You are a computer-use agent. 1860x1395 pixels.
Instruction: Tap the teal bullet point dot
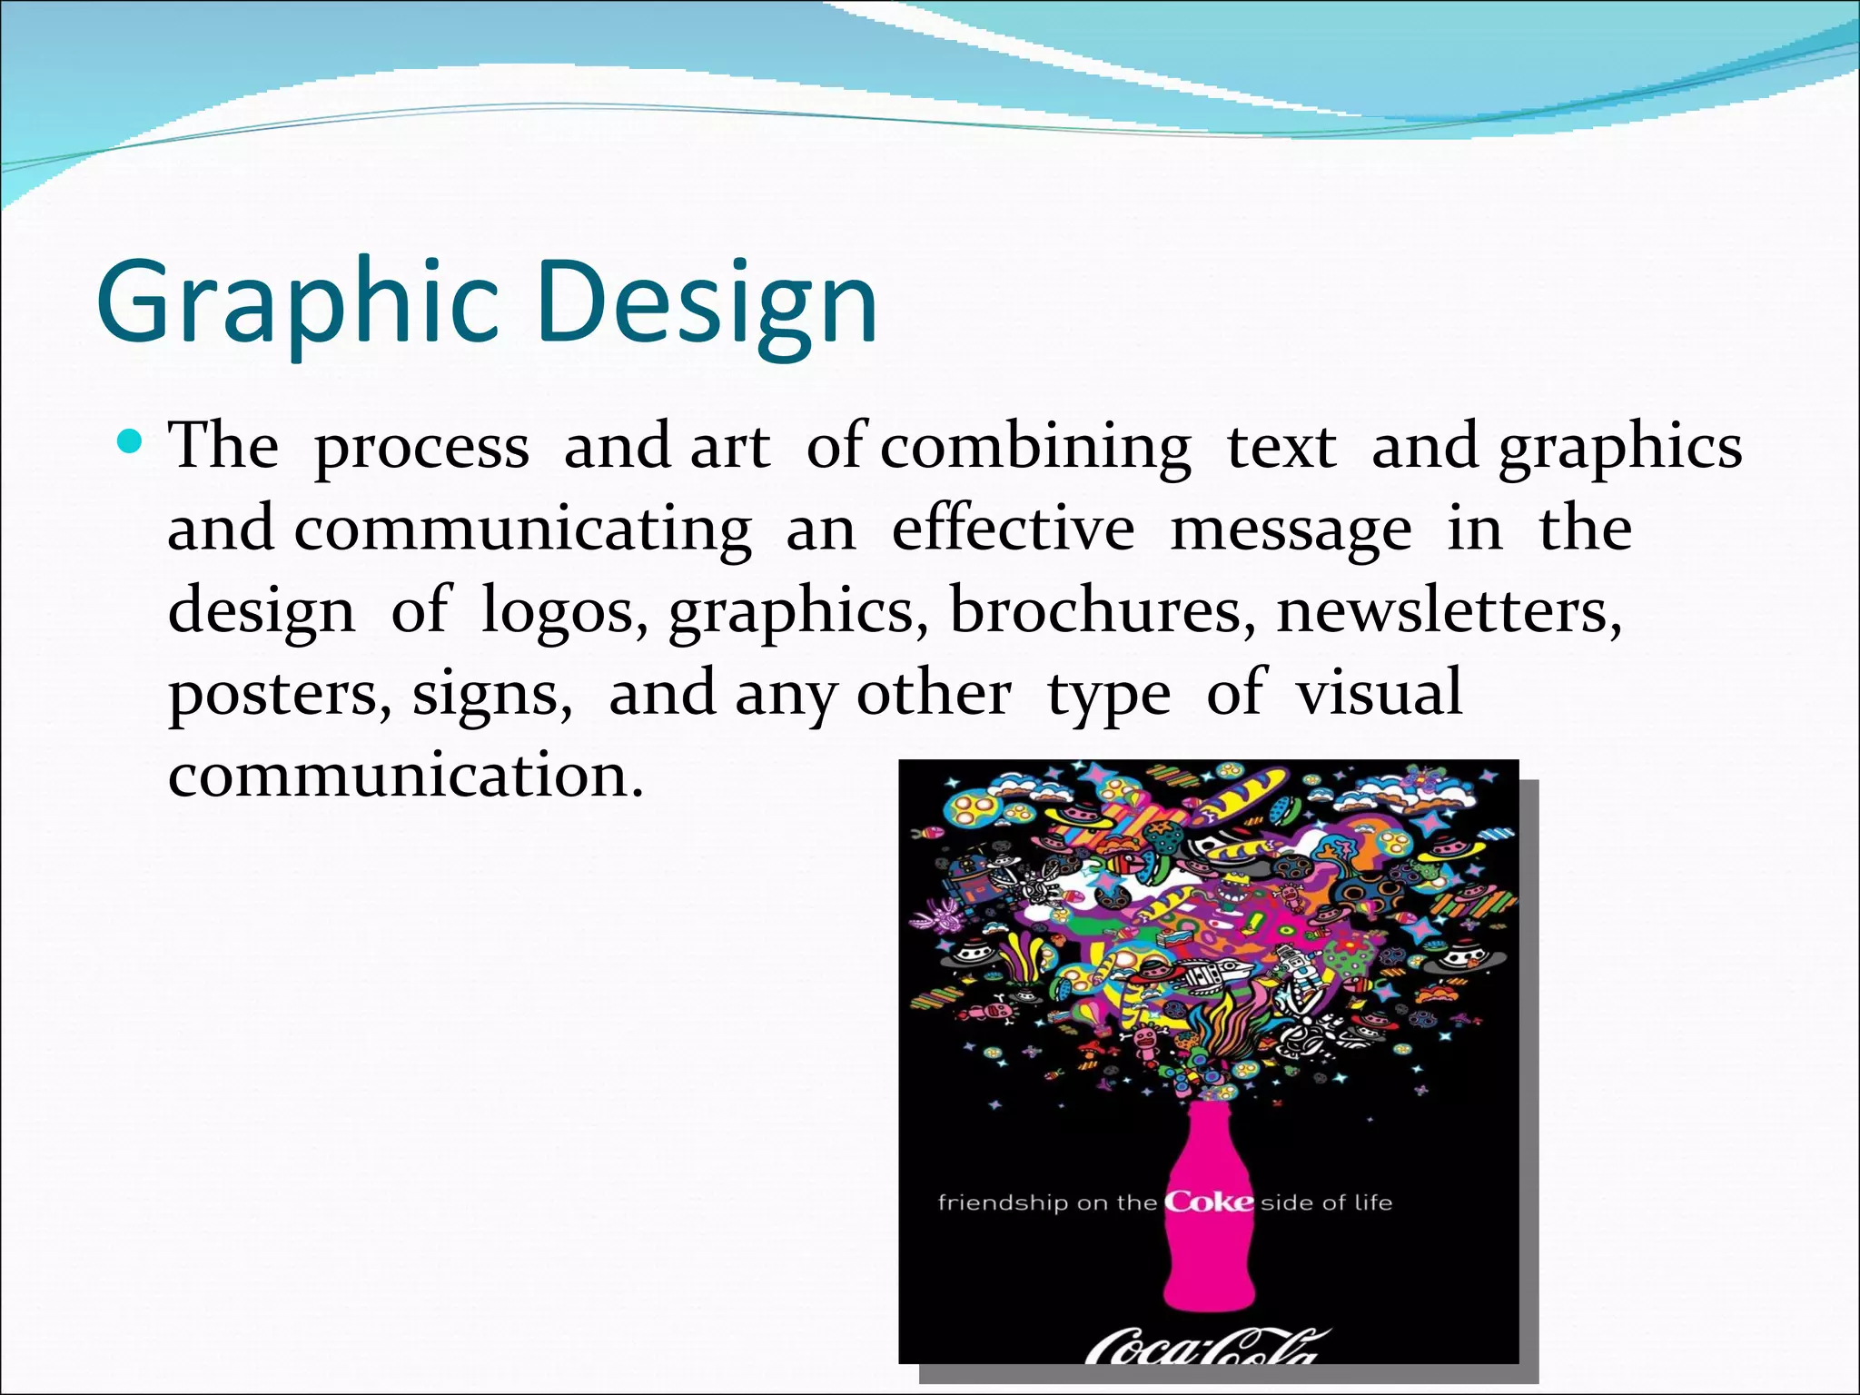(x=131, y=443)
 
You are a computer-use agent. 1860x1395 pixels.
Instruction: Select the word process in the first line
(x=420, y=448)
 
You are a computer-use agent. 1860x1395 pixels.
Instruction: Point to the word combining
(x=1035, y=448)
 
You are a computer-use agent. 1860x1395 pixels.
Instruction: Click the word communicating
(x=522, y=529)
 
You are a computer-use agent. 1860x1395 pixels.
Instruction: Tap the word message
(x=1291, y=531)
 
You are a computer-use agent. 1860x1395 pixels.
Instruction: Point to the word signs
(x=491, y=695)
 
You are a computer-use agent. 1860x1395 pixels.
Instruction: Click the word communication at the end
(x=405, y=775)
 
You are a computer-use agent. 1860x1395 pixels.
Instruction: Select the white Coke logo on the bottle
(x=1209, y=1202)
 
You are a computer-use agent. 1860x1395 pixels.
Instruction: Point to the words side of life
(x=1326, y=1203)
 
